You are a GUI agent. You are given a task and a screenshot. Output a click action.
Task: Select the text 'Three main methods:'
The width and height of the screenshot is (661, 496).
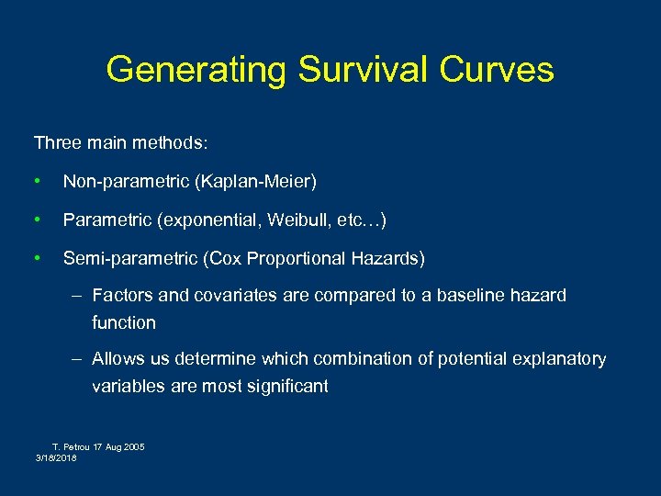coord(121,143)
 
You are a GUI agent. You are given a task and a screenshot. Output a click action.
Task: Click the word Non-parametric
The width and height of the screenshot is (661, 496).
coord(126,183)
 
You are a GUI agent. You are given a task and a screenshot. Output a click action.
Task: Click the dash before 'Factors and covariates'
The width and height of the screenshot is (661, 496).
coord(79,296)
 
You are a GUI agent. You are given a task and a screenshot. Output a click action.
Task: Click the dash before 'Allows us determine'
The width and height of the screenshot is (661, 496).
coord(79,359)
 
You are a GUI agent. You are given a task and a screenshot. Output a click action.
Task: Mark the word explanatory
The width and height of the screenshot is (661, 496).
coord(561,359)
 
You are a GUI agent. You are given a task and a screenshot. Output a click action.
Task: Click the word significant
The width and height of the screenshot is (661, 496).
coord(286,387)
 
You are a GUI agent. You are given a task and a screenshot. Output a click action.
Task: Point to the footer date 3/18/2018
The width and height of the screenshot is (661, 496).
coord(56,457)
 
